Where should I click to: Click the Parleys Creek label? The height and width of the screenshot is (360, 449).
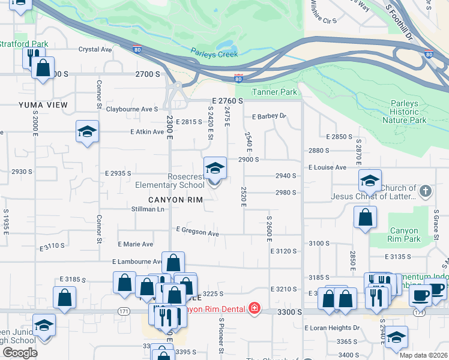(x=215, y=54)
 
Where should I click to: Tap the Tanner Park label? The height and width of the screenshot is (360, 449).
(x=274, y=92)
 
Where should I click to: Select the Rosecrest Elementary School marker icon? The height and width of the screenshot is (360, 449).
(x=215, y=169)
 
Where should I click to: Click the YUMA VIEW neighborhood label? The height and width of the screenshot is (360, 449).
(x=43, y=105)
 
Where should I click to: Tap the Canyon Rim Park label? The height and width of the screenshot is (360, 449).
(x=405, y=235)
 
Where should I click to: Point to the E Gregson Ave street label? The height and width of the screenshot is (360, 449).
(x=197, y=231)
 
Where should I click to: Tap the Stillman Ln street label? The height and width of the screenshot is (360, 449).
(x=148, y=209)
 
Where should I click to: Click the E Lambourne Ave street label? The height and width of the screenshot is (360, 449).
(x=137, y=262)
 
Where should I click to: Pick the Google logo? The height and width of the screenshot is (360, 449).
(x=20, y=353)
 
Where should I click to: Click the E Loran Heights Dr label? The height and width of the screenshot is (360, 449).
(x=332, y=328)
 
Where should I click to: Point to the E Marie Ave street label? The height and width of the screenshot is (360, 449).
(x=136, y=244)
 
